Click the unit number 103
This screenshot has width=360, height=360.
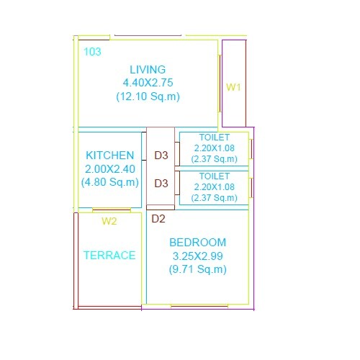point(92,52)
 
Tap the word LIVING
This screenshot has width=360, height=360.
point(148,70)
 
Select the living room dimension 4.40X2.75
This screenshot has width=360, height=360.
point(148,83)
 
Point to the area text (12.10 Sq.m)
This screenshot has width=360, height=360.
point(148,96)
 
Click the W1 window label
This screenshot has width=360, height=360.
point(233,87)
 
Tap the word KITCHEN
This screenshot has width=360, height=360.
point(109,156)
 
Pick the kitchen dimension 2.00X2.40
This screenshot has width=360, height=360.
point(109,168)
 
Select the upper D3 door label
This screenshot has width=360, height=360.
point(161,156)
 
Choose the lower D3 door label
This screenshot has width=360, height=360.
point(161,183)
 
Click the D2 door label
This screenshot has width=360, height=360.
point(158,219)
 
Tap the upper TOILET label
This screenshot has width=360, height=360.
point(214,138)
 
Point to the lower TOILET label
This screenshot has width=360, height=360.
point(214,176)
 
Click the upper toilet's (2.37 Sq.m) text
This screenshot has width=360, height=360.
point(214,158)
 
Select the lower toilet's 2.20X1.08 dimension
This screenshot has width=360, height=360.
point(214,186)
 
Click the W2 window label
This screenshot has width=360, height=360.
point(109,221)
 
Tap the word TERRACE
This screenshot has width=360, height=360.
point(109,255)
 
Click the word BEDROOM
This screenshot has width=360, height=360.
point(197,243)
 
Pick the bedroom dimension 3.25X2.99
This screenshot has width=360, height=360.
point(197,256)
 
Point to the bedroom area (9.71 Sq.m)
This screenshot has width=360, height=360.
point(197,269)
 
